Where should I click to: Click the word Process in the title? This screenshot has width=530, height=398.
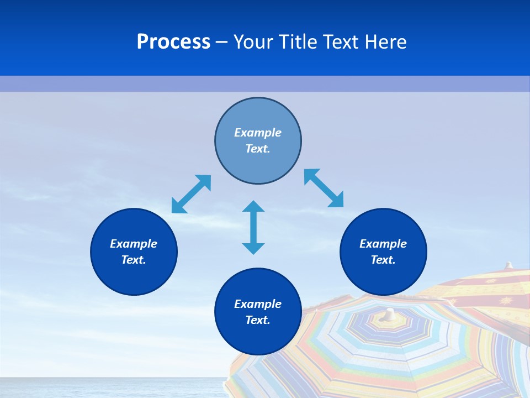pyautogui.click(x=173, y=41)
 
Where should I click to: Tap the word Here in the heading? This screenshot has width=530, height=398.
pyautogui.click(x=386, y=41)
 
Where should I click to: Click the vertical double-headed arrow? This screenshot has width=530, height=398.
pyautogui.click(x=253, y=227)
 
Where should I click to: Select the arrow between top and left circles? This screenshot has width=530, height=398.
pyautogui.click(x=191, y=194)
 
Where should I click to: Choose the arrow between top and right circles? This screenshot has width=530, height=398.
pyautogui.click(x=324, y=188)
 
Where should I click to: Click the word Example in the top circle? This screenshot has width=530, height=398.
pyautogui.click(x=258, y=133)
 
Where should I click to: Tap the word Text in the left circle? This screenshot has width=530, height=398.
pyautogui.click(x=134, y=260)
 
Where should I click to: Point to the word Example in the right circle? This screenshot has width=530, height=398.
pyautogui.click(x=383, y=244)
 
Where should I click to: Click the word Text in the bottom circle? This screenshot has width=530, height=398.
pyautogui.click(x=258, y=320)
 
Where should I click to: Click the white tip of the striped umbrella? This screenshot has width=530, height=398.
pyautogui.click(x=390, y=314)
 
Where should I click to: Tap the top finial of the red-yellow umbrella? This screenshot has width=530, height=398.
pyautogui.click(x=509, y=265)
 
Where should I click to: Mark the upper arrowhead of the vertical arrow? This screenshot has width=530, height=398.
pyautogui.click(x=253, y=207)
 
